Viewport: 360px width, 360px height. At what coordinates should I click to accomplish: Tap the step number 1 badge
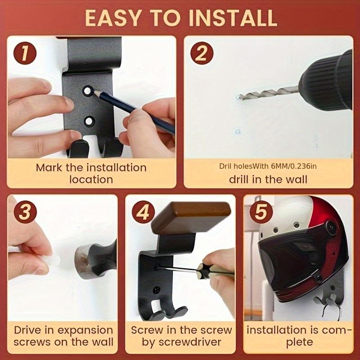(x=25, y=53)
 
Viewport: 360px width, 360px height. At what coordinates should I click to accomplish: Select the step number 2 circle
(x=202, y=53)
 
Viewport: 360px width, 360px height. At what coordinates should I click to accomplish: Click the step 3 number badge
(x=25, y=212)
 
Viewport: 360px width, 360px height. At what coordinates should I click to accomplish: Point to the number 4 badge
(x=144, y=212)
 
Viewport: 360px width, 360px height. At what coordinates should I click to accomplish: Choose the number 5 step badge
(x=261, y=212)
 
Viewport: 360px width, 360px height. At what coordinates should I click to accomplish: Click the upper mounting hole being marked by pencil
(x=87, y=91)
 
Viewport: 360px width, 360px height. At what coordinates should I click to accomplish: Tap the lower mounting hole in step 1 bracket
(x=89, y=121)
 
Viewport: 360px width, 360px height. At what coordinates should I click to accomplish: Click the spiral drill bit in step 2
(x=269, y=93)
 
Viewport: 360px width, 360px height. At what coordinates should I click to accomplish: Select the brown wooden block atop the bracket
(x=191, y=218)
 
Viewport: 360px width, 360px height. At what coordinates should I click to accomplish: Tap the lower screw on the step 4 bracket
(x=157, y=290)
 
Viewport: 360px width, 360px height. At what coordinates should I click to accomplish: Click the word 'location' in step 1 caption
(x=91, y=180)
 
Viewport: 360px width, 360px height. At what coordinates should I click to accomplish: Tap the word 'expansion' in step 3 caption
(x=85, y=331)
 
